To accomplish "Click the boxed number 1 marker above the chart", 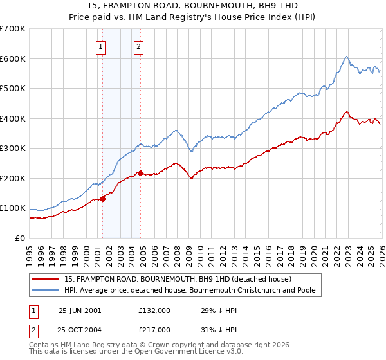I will pos(102,46).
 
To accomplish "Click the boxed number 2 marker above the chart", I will pos(139,46).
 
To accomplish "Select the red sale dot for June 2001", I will pos(102,199).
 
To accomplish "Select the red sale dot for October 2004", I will pos(140,173).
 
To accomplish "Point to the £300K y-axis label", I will pos(13,148).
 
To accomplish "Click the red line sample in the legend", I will pos(46,279).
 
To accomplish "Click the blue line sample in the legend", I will pos(46,290).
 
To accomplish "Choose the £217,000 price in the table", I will pos(154,329).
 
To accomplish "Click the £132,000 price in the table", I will pos(154,310).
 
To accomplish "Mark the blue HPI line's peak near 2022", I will pos(346,57).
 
